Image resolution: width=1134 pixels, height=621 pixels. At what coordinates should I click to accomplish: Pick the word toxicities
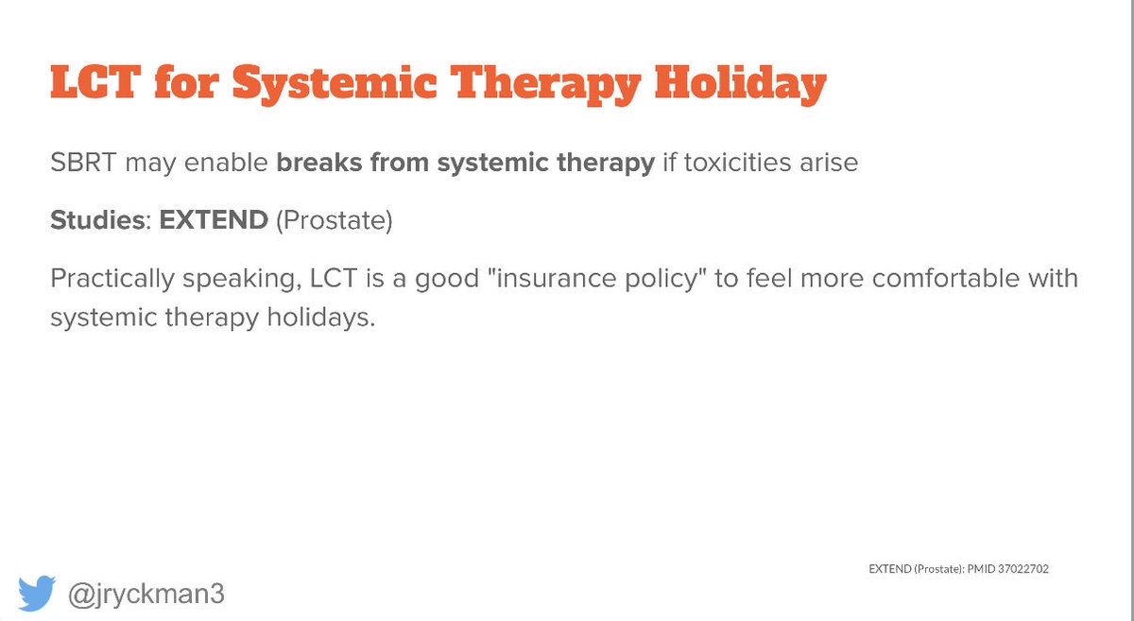739,163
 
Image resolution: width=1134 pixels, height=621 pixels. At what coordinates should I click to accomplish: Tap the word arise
828,163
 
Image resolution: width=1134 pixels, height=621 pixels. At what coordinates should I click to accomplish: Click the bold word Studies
94,221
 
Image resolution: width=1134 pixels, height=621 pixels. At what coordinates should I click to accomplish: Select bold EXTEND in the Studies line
214,221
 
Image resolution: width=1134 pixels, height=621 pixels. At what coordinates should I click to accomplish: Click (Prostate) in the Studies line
334,221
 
